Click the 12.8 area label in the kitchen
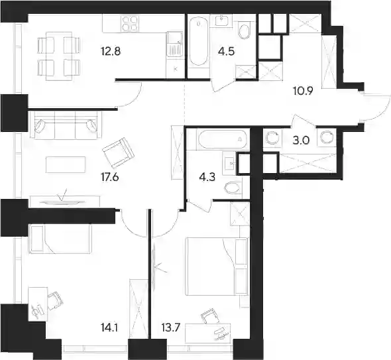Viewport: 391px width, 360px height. pyautogui.click(x=111, y=52)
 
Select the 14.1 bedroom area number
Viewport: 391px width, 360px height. pyautogui.click(x=109, y=327)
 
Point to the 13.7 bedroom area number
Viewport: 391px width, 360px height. pyautogui.click(x=171, y=327)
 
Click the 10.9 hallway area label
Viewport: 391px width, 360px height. pyautogui.click(x=303, y=91)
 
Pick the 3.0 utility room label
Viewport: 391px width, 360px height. pyautogui.click(x=301, y=141)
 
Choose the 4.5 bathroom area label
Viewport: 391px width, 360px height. pyautogui.click(x=226, y=52)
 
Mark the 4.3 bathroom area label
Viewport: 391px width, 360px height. pyautogui.click(x=207, y=178)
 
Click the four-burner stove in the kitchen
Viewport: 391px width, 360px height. pyautogui.click(x=129, y=23)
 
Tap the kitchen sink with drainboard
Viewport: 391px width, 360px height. pyautogui.click(x=174, y=44)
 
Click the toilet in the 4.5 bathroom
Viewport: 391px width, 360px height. pyautogui.click(x=245, y=31)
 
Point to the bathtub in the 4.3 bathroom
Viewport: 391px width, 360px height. pyautogui.click(x=223, y=139)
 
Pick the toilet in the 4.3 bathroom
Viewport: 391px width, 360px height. pyautogui.click(x=233, y=188)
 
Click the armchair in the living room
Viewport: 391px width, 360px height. pyautogui.click(x=119, y=153)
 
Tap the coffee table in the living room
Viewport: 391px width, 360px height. pyautogui.click(x=66, y=164)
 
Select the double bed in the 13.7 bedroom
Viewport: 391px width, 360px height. pyautogui.click(x=217, y=267)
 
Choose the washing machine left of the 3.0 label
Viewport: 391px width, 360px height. pyautogui.click(x=272, y=138)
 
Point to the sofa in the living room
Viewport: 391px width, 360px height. pyautogui.click(x=66, y=124)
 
